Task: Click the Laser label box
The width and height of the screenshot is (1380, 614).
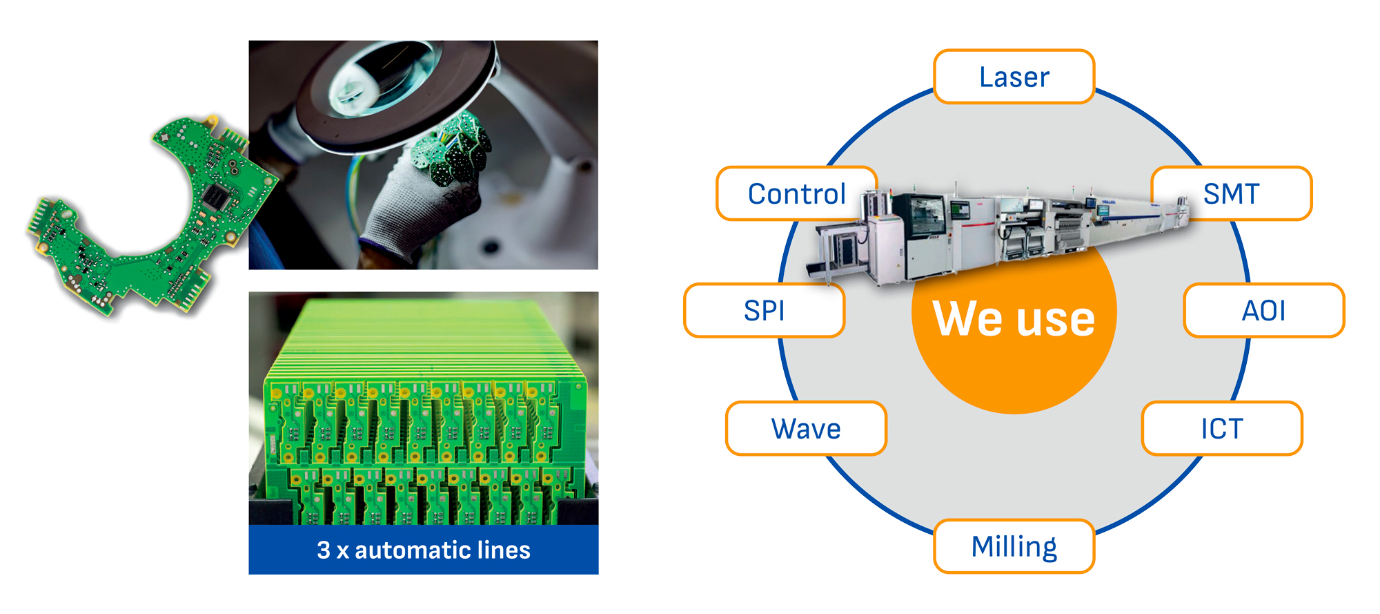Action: [1014, 77]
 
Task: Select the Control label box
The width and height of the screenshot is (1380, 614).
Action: [796, 193]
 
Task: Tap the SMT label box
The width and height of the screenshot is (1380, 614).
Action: [1232, 193]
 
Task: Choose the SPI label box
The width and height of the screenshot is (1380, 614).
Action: [764, 311]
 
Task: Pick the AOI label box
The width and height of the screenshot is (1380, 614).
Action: [1263, 311]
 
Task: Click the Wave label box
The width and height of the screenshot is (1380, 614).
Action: [806, 429]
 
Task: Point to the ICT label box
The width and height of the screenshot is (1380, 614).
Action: [1222, 429]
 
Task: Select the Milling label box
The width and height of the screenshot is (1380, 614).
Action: [1014, 546]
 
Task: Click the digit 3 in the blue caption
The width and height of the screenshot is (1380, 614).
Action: [324, 550]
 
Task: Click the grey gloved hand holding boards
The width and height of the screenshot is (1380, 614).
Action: [407, 207]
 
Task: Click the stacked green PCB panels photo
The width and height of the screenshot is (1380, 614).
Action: [423, 407]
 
